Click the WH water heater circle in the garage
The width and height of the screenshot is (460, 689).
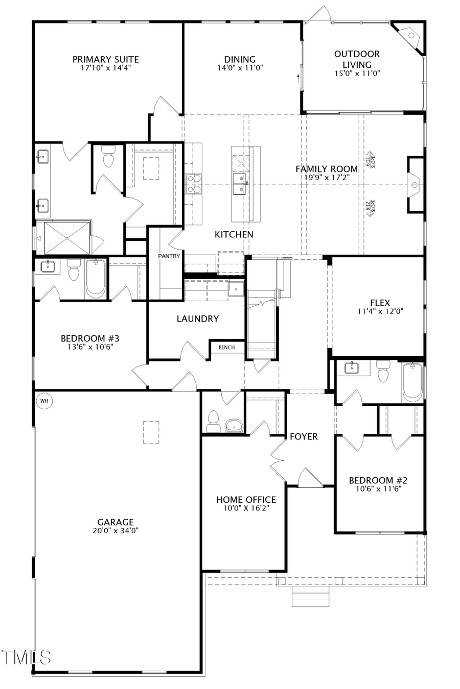44,401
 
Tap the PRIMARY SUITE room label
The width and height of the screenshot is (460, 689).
105,60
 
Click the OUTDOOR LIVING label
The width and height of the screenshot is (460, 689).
357,59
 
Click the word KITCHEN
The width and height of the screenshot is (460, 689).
234,234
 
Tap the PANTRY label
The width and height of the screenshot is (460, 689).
169,256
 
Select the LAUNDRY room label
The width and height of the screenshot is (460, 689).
197,318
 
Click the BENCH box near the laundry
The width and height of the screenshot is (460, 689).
226,348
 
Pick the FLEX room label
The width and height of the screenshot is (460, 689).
379,303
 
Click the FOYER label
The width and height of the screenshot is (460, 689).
304,436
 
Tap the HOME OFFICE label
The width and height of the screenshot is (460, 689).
246,500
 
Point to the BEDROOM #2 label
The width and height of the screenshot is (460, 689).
378,480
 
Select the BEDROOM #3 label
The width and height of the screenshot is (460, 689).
90,338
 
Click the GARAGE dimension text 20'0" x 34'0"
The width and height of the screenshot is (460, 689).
116,531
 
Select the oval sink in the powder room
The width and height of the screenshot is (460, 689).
234,425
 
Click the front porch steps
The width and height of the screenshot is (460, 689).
310,596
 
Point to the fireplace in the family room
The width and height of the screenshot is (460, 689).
415,184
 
